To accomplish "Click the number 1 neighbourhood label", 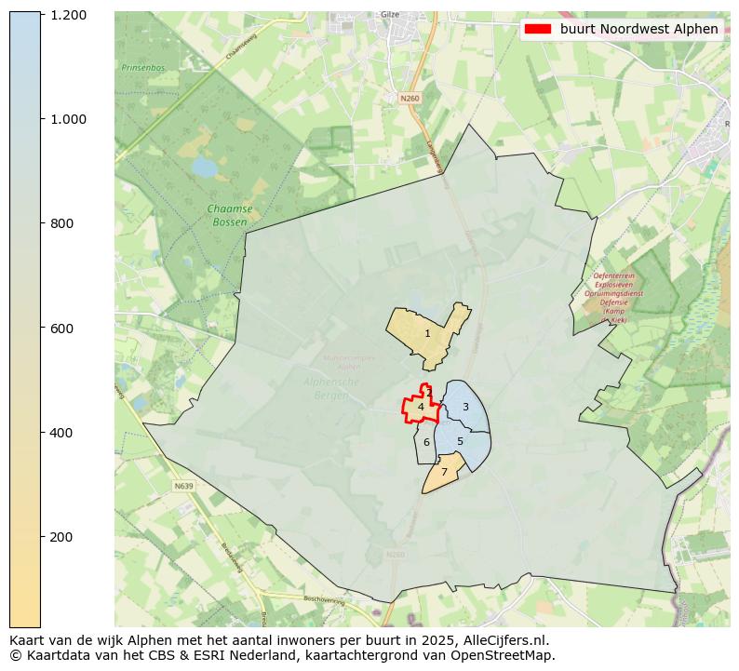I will point(427,333).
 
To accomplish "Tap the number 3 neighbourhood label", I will point(465,407).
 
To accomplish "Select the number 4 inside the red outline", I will point(421,407).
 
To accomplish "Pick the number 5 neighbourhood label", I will point(460,441).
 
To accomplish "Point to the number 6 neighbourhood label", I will point(426,442).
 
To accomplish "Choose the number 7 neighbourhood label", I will point(444,473).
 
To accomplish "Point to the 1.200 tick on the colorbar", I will point(69,15).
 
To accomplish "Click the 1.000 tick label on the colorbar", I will point(69,119).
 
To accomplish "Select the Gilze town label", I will point(390,15).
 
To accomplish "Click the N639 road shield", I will point(184,486).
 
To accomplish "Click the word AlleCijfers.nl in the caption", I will point(508,640).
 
